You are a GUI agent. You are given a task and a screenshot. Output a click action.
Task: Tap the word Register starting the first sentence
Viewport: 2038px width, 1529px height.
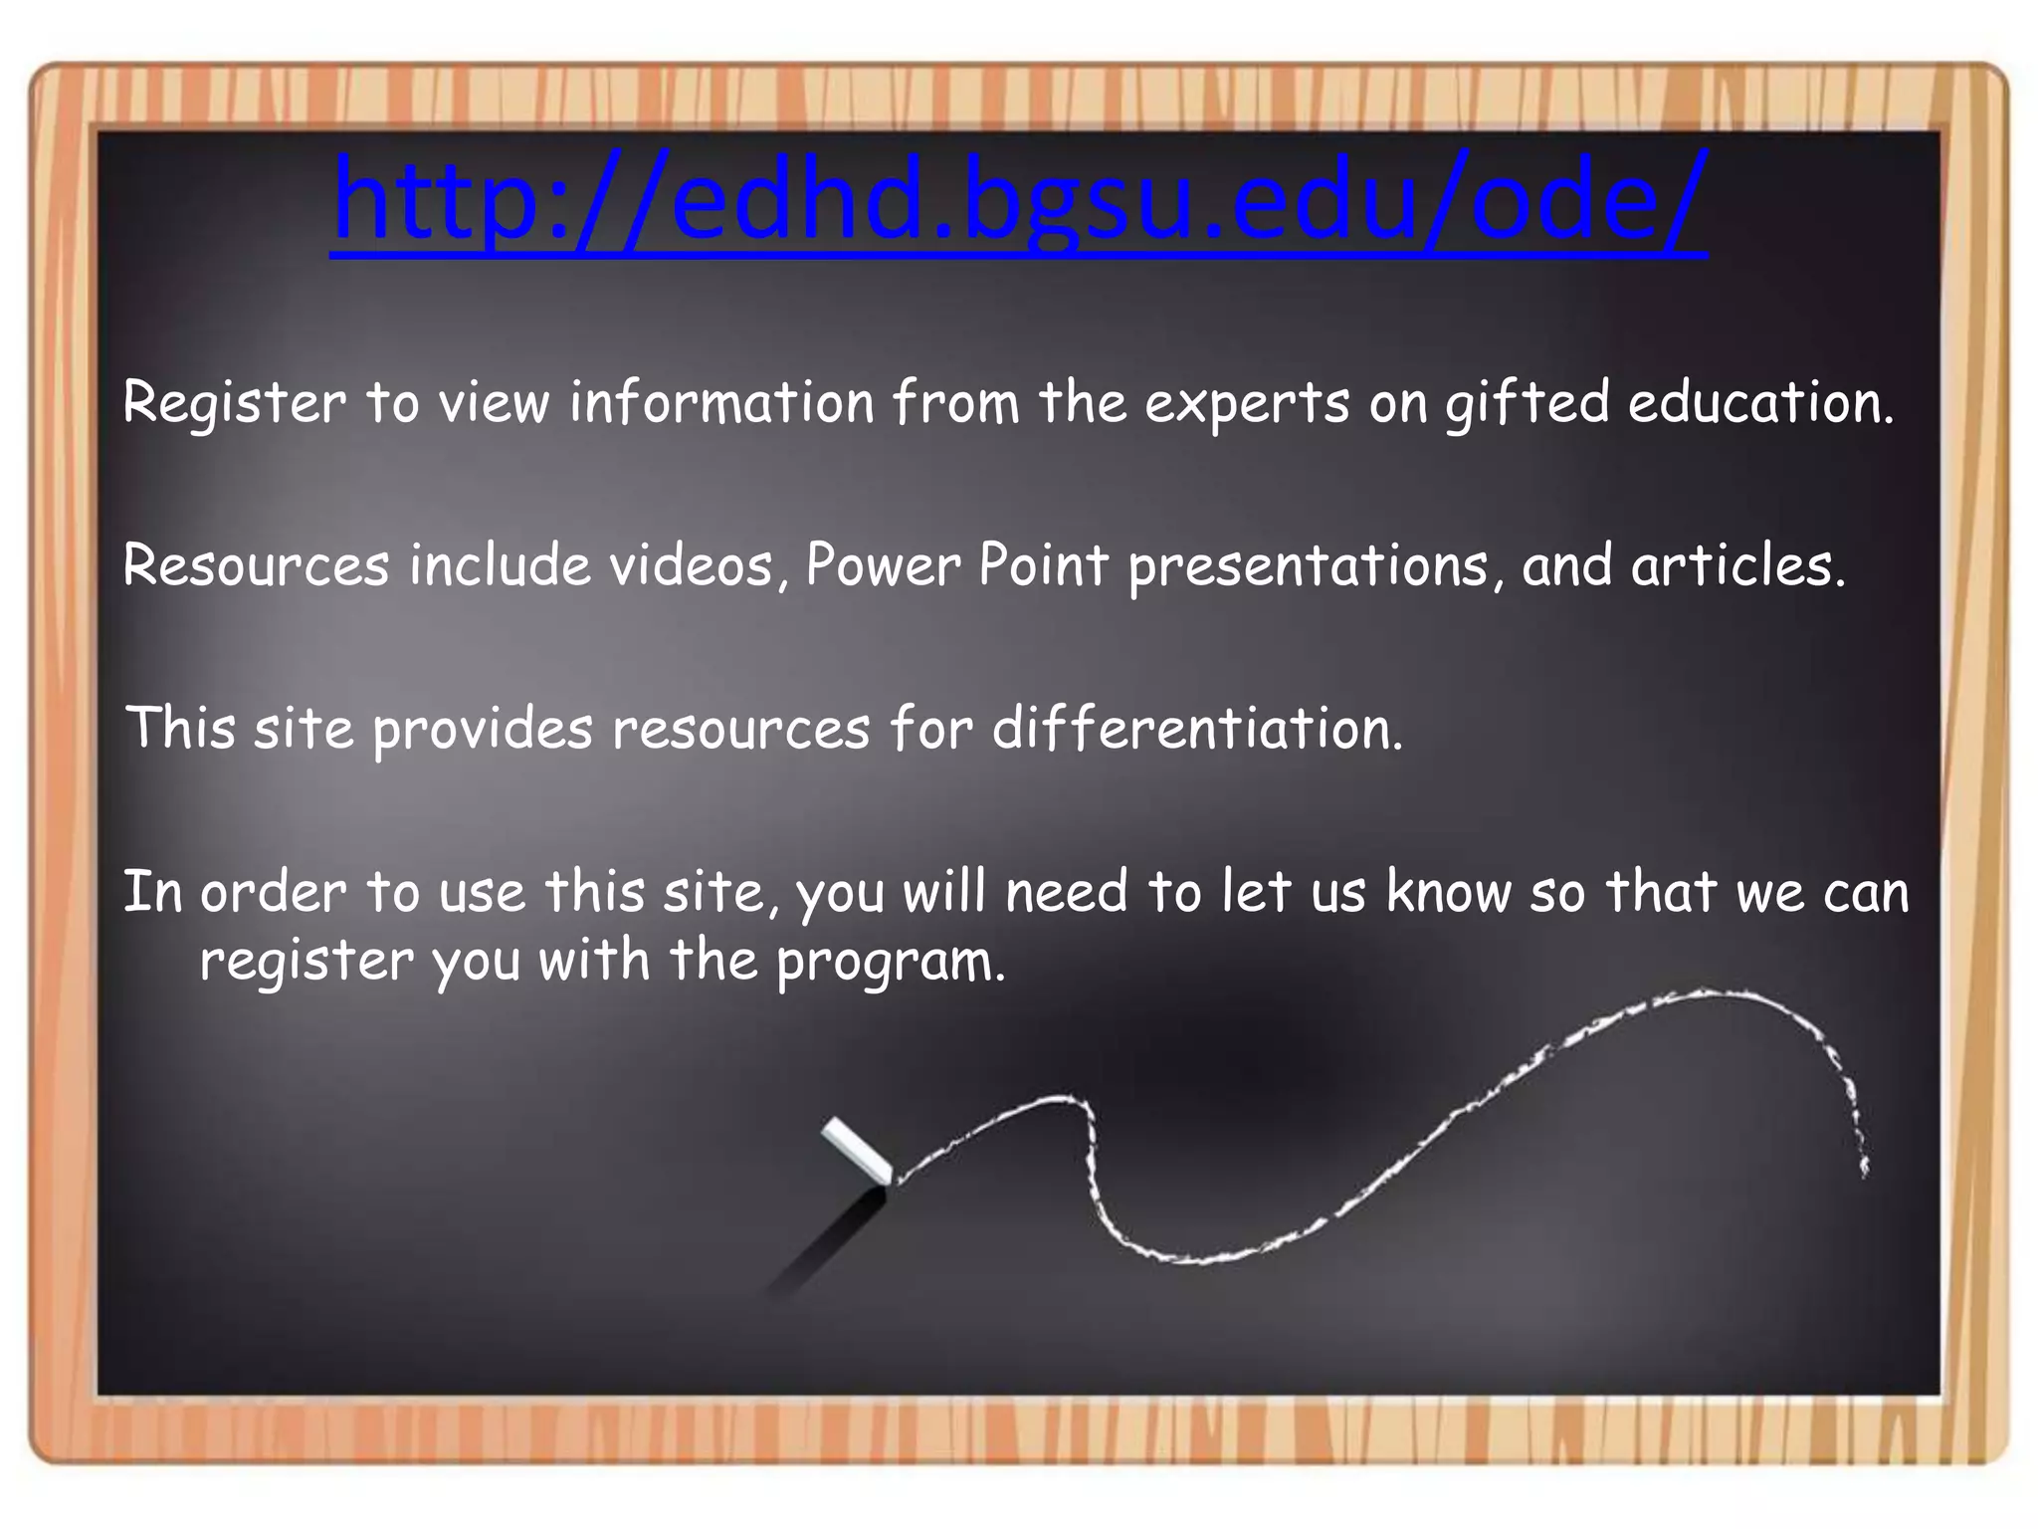click(234, 403)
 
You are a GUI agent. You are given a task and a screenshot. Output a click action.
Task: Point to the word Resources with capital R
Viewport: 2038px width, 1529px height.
click(256, 565)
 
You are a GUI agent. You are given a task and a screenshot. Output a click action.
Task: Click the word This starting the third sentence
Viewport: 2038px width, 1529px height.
click(180, 727)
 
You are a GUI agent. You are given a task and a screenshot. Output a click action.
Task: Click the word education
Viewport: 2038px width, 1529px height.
click(1760, 403)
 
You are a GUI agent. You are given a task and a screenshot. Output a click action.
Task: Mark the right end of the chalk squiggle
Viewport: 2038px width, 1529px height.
click(1864, 1171)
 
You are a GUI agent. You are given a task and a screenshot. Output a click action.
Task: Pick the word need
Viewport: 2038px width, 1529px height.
click(1066, 891)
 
